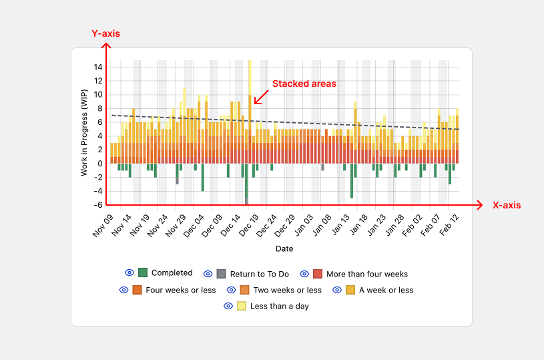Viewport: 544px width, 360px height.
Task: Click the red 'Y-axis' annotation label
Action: click(x=105, y=33)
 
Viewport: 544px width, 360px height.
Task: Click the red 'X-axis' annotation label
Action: click(x=507, y=205)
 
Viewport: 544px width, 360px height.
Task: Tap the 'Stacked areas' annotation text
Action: click(x=304, y=84)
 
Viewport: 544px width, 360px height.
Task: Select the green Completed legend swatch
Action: click(x=143, y=273)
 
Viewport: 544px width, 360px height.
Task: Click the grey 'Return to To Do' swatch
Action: click(x=221, y=274)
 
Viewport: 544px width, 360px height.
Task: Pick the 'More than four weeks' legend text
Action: click(x=366, y=274)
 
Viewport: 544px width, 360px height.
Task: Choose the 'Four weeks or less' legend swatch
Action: click(x=137, y=290)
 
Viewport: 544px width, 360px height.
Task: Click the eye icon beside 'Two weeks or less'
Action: click(x=232, y=290)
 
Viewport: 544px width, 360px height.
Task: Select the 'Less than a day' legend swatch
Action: click(x=242, y=306)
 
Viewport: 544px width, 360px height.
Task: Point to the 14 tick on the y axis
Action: click(x=98, y=67)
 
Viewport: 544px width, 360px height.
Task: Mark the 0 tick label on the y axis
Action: click(x=100, y=164)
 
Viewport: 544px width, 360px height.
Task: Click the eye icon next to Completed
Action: click(x=129, y=273)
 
